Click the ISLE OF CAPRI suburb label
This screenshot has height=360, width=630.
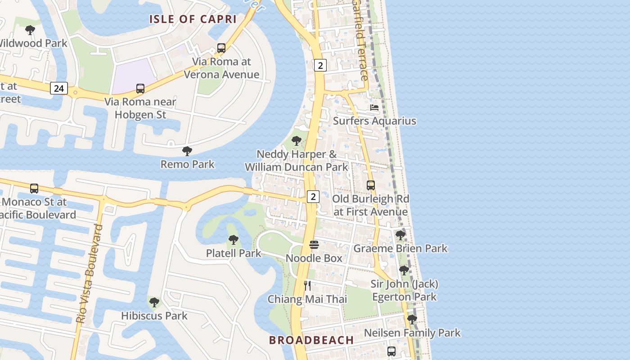tap(193, 19)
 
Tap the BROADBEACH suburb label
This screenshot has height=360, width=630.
tap(311, 340)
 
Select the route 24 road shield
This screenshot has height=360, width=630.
tap(59, 88)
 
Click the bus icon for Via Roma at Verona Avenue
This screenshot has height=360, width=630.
tap(221, 48)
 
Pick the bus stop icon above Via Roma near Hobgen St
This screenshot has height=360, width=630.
tap(140, 89)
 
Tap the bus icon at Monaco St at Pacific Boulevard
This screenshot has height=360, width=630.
tap(34, 189)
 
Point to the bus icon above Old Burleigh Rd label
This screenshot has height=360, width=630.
tap(370, 185)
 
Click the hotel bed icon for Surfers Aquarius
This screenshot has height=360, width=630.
tap(374, 108)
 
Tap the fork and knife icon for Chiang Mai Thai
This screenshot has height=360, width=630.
tap(307, 286)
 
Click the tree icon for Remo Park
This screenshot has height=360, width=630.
tap(187, 151)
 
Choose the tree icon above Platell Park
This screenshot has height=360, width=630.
tap(233, 240)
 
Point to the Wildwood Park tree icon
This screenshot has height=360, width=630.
tap(30, 31)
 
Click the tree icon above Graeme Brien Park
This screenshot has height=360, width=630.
tap(400, 235)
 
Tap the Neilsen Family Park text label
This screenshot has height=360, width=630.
tap(412, 333)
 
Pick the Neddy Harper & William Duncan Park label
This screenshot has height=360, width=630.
tap(297, 161)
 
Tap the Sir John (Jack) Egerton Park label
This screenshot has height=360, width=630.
tap(404, 290)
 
